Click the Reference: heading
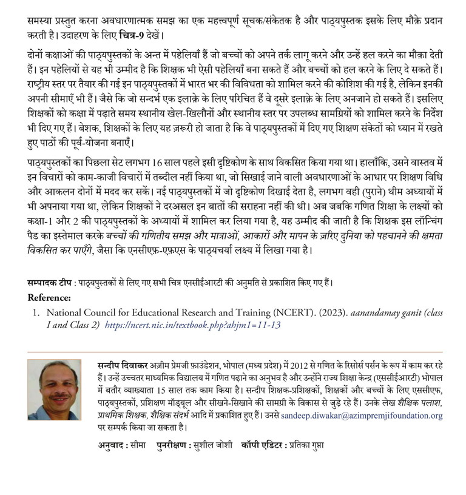[49, 298]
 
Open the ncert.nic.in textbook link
[193, 325]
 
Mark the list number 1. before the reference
[36, 312]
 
